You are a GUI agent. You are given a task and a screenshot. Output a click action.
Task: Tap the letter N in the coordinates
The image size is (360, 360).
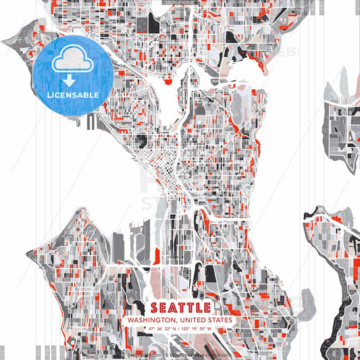[x=176, y=329]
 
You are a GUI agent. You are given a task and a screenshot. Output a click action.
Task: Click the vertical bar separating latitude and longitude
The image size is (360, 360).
[x=180, y=329]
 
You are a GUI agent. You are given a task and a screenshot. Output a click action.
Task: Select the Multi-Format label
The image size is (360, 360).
[x=180, y=3]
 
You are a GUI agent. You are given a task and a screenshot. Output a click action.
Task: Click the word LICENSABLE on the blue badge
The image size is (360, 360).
[x=72, y=95]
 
